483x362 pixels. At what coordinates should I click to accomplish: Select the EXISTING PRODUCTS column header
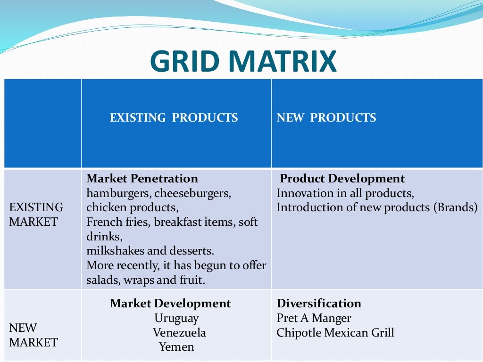point(174,117)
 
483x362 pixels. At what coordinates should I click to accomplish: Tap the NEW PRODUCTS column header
point(326,117)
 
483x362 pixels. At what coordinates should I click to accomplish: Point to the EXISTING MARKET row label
point(36,214)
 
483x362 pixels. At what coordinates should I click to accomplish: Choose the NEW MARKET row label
point(33,335)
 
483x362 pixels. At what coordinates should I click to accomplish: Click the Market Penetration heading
point(142,179)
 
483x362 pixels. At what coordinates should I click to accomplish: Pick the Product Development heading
point(342,179)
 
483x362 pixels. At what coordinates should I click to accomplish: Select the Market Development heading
point(170,304)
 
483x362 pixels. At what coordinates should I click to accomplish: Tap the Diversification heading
point(319,304)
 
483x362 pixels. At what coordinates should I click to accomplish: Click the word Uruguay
point(176,318)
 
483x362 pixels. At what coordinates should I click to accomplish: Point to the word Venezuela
point(179,333)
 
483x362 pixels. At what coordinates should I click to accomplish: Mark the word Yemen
point(176,347)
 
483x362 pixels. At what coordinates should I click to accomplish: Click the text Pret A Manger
point(314,318)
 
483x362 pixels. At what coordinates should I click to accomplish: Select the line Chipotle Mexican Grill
point(335,333)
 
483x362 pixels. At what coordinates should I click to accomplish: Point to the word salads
point(102,280)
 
